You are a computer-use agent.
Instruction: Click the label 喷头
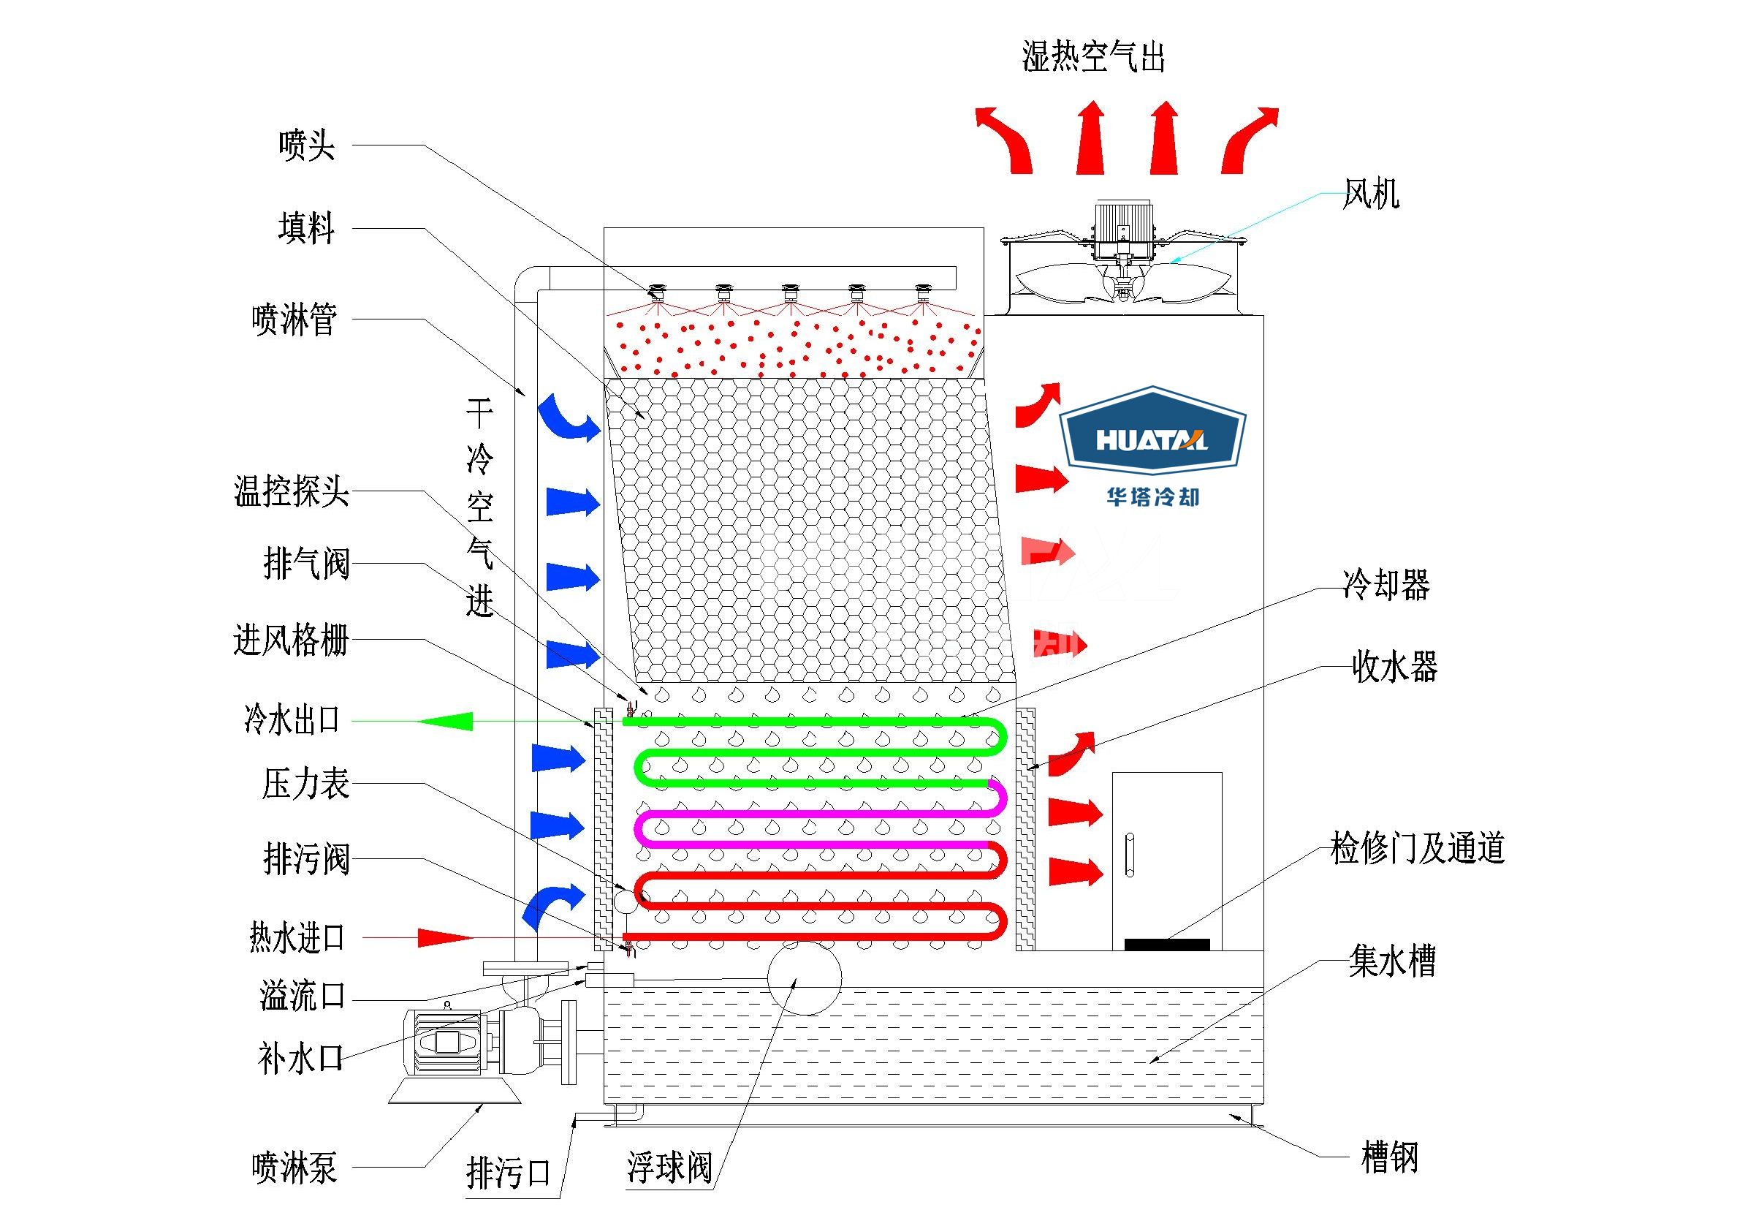(306, 145)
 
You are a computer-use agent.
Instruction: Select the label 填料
(306, 229)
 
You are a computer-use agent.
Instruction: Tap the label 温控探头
(292, 492)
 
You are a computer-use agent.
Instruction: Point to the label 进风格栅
(292, 641)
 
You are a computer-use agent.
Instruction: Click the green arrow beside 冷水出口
(446, 721)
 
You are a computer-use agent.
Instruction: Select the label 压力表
(305, 784)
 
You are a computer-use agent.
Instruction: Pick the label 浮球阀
(669, 1168)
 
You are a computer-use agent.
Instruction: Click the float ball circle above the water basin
(805, 977)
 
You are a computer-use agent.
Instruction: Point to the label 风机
(1371, 194)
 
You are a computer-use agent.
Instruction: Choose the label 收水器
(1394, 668)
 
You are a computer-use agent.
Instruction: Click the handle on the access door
(1130, 855)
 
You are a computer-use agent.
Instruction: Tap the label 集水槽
(1392, 962)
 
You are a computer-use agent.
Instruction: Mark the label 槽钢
(1390, 1158)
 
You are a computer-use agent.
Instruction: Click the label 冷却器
(1386, 585)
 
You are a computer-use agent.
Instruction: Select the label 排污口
(508, 1173)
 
